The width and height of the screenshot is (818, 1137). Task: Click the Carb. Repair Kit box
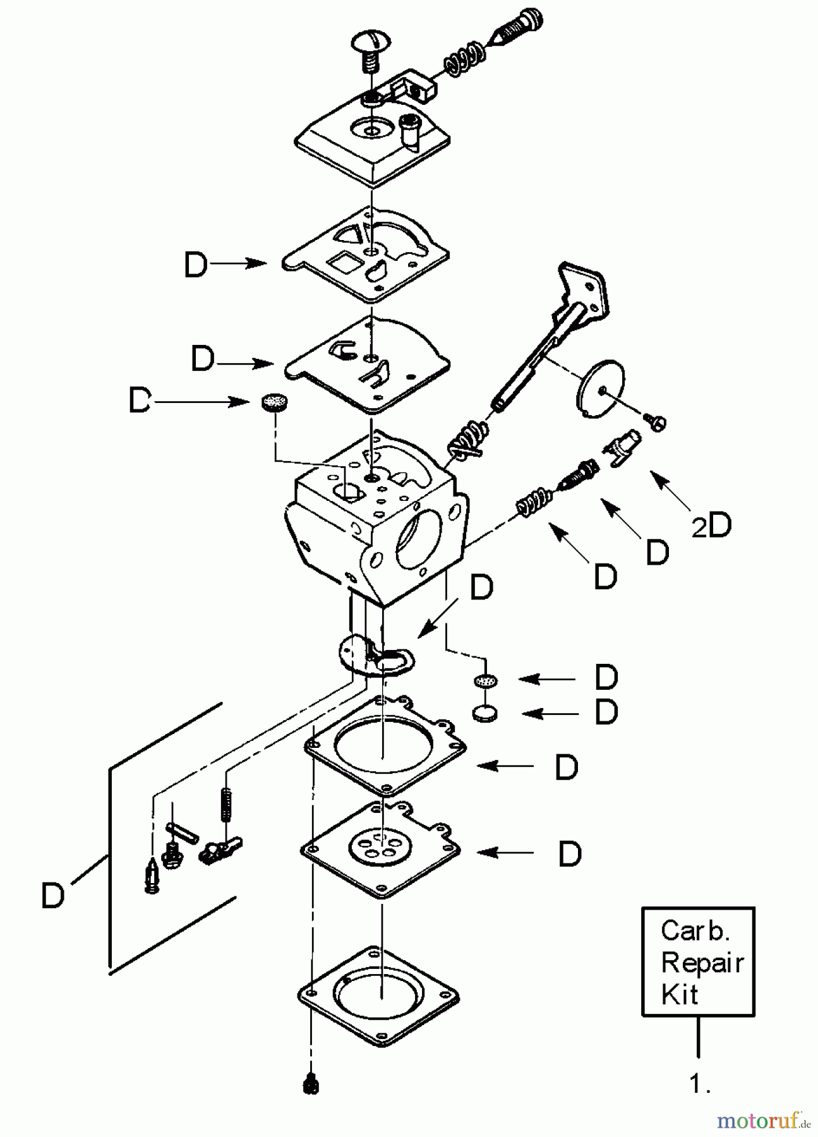(x=698, y=961)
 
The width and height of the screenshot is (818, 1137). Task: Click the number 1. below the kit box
(x=699, y=1084)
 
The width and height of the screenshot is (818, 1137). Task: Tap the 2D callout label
(x=711, y=526)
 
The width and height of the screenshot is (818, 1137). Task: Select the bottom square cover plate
(x=378, y=996)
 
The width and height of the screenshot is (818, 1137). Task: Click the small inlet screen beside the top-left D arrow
(x=274, y=402)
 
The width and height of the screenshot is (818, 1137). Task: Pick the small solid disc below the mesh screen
(x=484, y=714)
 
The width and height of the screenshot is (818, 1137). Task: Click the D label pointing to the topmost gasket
(x=195, y=265)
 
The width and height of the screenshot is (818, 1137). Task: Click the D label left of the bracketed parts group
(x=52, y=896)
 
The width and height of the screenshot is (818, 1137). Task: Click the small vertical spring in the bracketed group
(x=224, y=803)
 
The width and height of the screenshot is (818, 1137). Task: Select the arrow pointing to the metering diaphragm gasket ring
(x=505, y=766)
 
